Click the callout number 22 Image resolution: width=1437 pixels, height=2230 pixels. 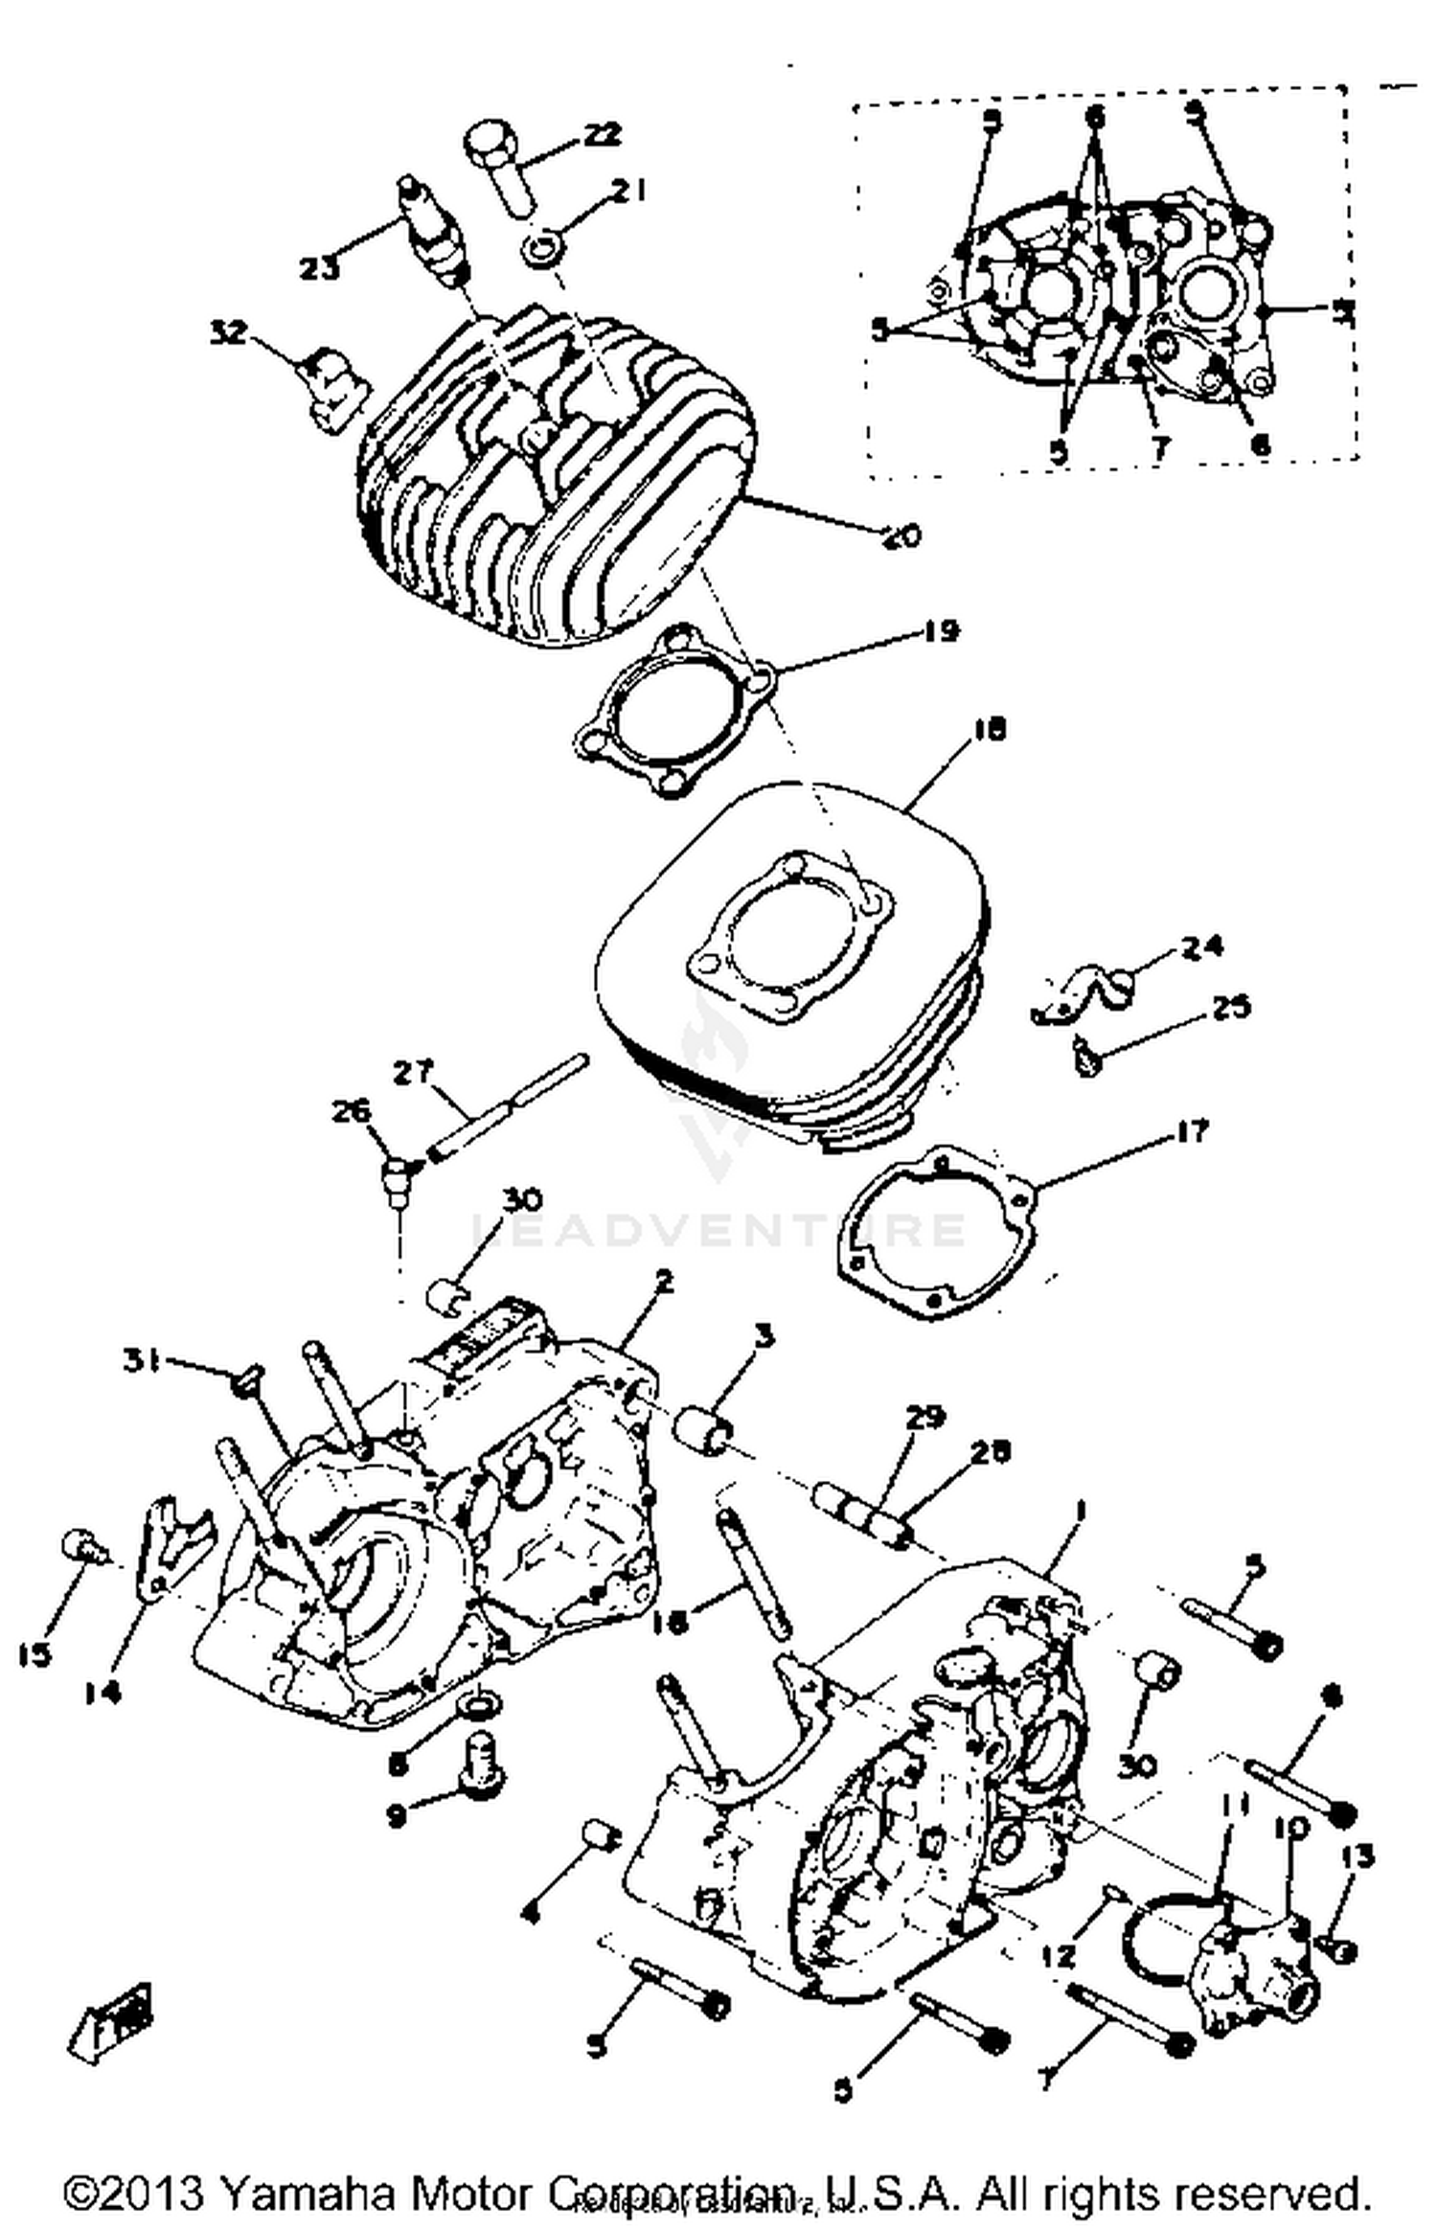point(601,134)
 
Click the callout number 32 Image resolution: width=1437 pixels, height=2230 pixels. point(229,332)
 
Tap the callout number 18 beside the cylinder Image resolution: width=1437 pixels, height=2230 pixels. point(989,730)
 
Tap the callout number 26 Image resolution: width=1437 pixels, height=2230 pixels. point(351,1112)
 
